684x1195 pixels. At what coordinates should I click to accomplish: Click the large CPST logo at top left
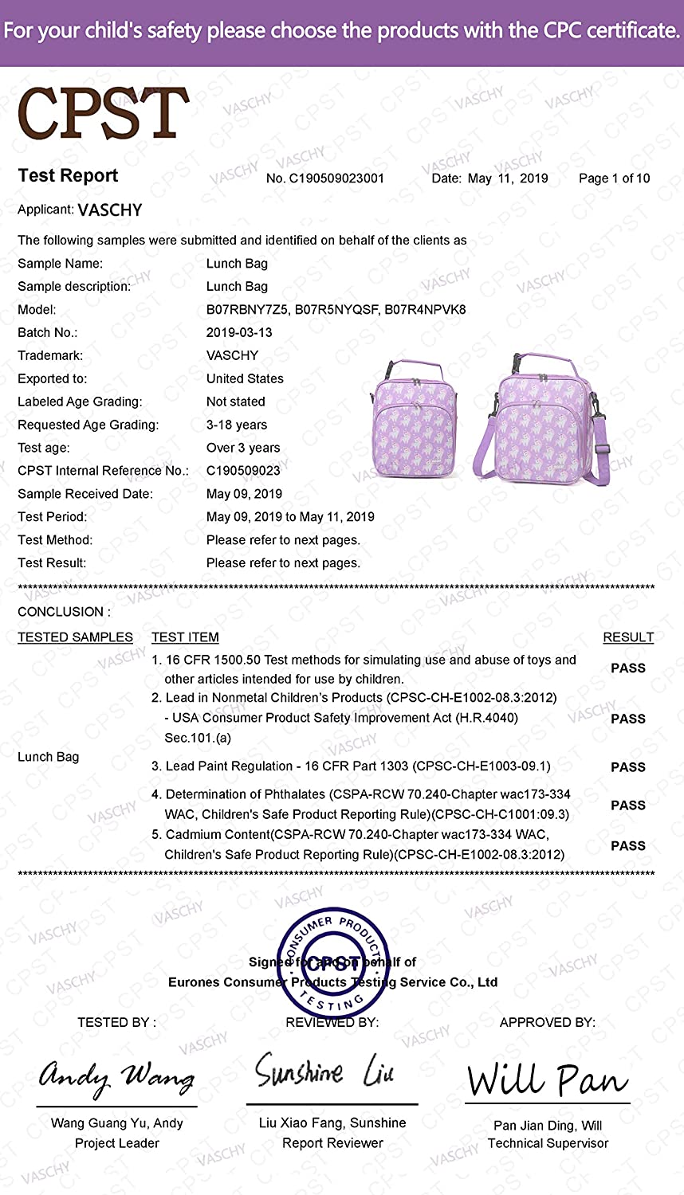tap(103, 114)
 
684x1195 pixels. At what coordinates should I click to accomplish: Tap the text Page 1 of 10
tap(614, 178)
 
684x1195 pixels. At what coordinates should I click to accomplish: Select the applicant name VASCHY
tap(110, 210)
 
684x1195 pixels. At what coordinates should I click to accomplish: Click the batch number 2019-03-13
tap(239, 332)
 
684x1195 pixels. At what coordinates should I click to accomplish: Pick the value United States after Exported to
tap(245, 378)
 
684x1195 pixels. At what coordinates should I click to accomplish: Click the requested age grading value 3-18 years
tap(237, 425)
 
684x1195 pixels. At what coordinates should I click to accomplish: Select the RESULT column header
tap(628, 637)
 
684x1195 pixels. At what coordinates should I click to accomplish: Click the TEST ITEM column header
tap(185, 637)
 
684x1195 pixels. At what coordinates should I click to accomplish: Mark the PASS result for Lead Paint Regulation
tap(628, 767)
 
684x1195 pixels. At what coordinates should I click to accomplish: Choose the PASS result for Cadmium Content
tap(628, 846)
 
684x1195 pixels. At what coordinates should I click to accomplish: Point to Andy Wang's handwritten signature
tap(116, 1077)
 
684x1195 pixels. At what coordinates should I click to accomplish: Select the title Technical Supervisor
tap(548, 1143)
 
